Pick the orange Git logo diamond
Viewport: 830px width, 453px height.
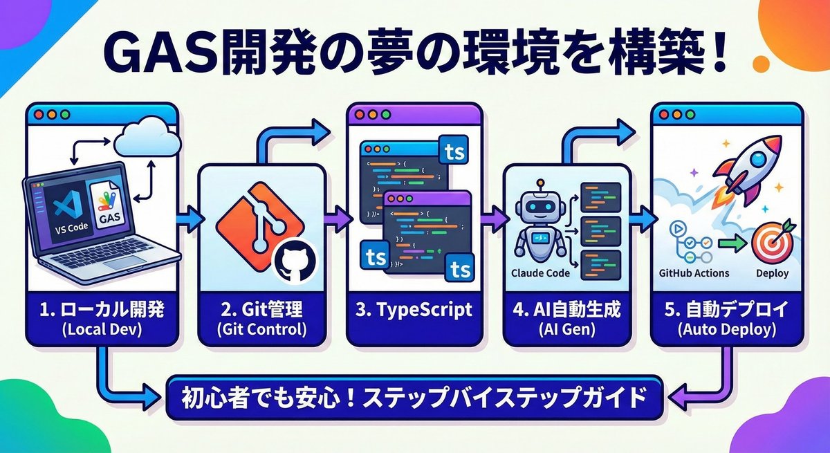pos(260,222)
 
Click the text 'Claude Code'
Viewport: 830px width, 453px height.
pos(541,273)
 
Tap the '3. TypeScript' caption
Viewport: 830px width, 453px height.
pos(414,311)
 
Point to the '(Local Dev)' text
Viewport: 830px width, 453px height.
pos(102,330)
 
